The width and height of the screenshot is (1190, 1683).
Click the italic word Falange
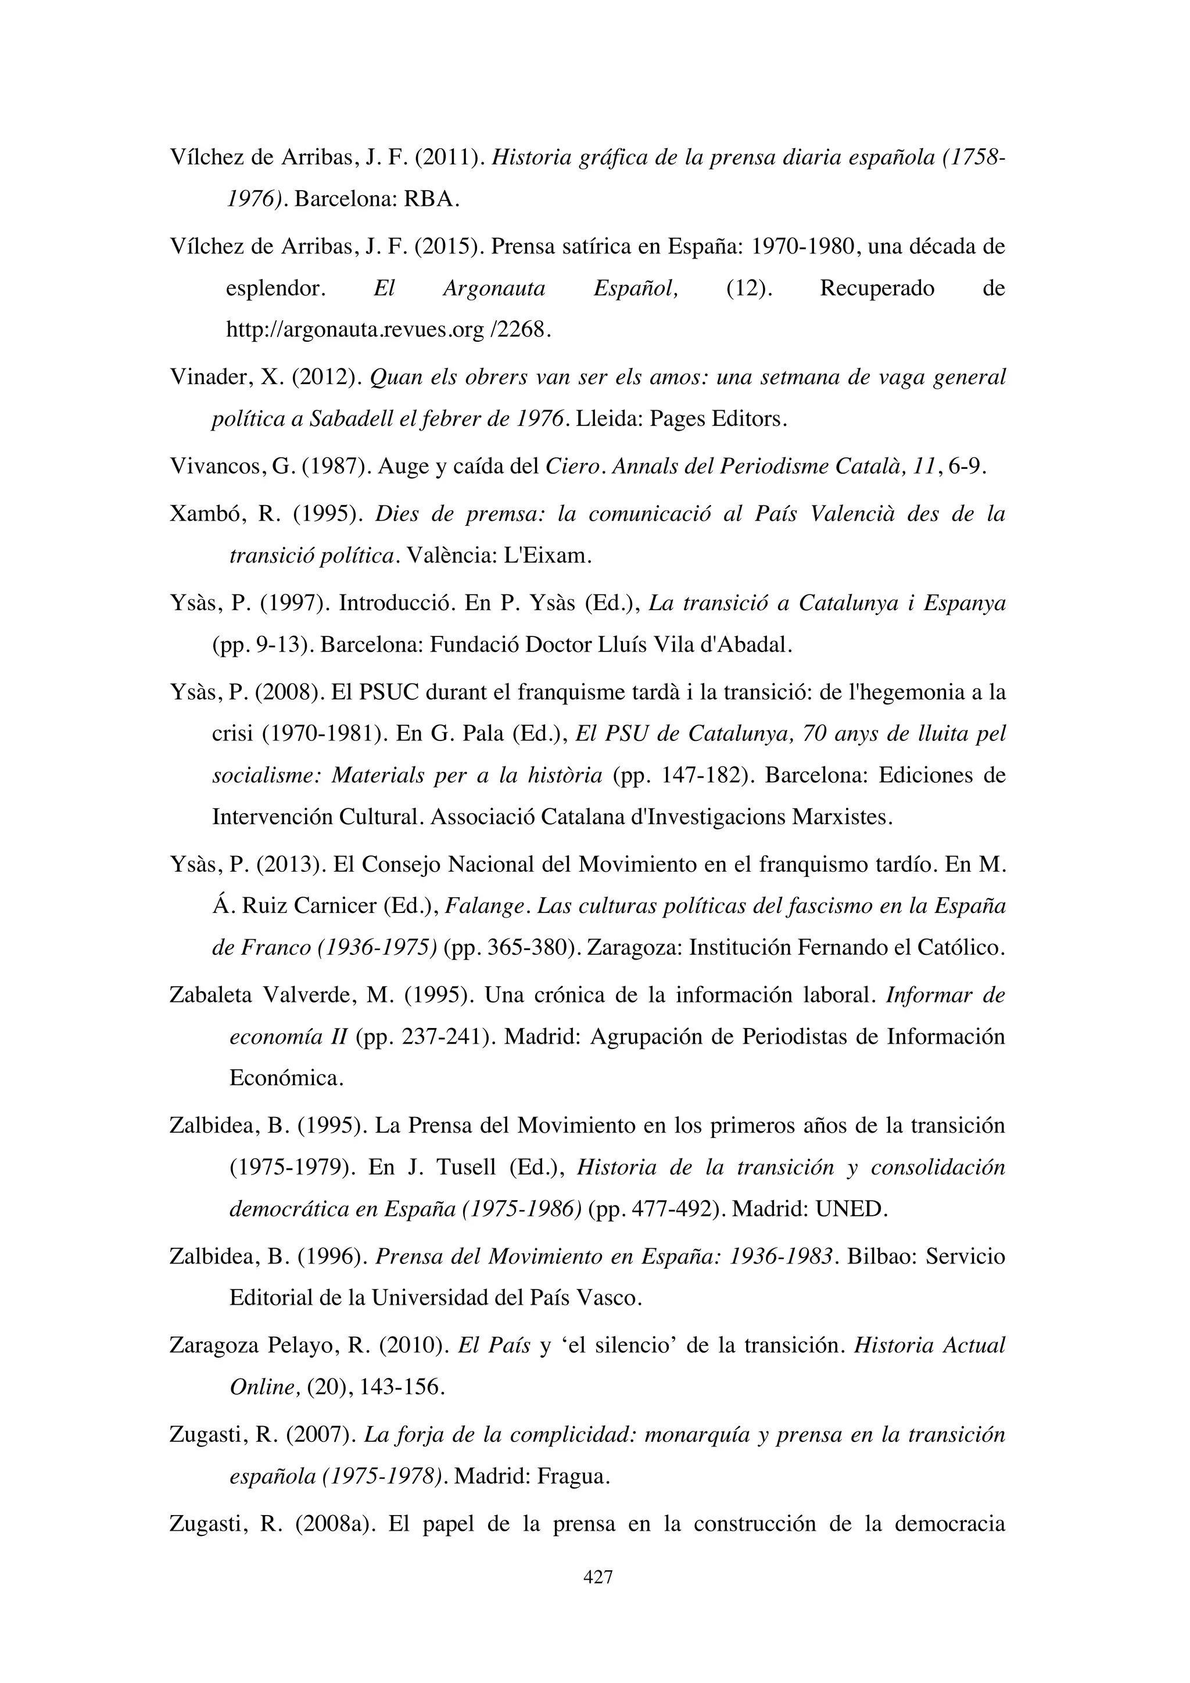click(x=486, y=907)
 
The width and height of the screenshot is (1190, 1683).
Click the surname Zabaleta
click(x=210, y=996)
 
